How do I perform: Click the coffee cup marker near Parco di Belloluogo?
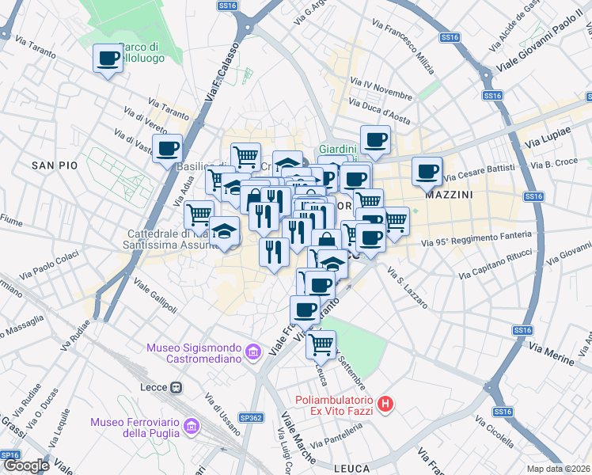pos(108,59)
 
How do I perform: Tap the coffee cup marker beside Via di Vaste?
pos(167,149)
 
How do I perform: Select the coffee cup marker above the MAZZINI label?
pos(427,171)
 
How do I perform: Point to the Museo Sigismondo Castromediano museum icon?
pos(254,351)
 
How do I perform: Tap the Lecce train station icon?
pos(176,388)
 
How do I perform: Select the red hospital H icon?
pos(385,405)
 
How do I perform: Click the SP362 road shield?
pos(251,416)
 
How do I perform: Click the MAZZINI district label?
pos(449,194)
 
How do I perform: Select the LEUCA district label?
pos(352,468)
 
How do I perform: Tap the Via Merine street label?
pos(551,354)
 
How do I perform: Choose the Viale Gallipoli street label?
pos(156,294)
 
